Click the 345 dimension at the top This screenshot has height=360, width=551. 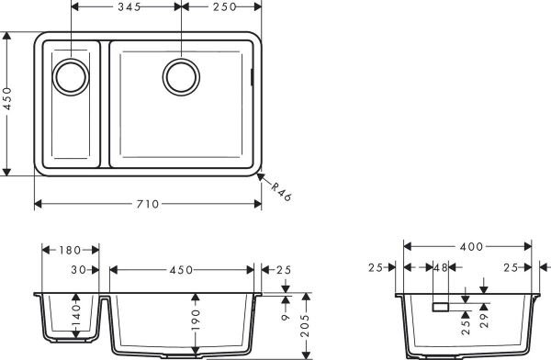125,7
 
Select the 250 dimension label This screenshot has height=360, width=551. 220,7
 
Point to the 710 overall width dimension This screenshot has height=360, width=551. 148,204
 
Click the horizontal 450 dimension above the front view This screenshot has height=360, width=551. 181,270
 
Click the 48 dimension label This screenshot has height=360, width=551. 439,269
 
